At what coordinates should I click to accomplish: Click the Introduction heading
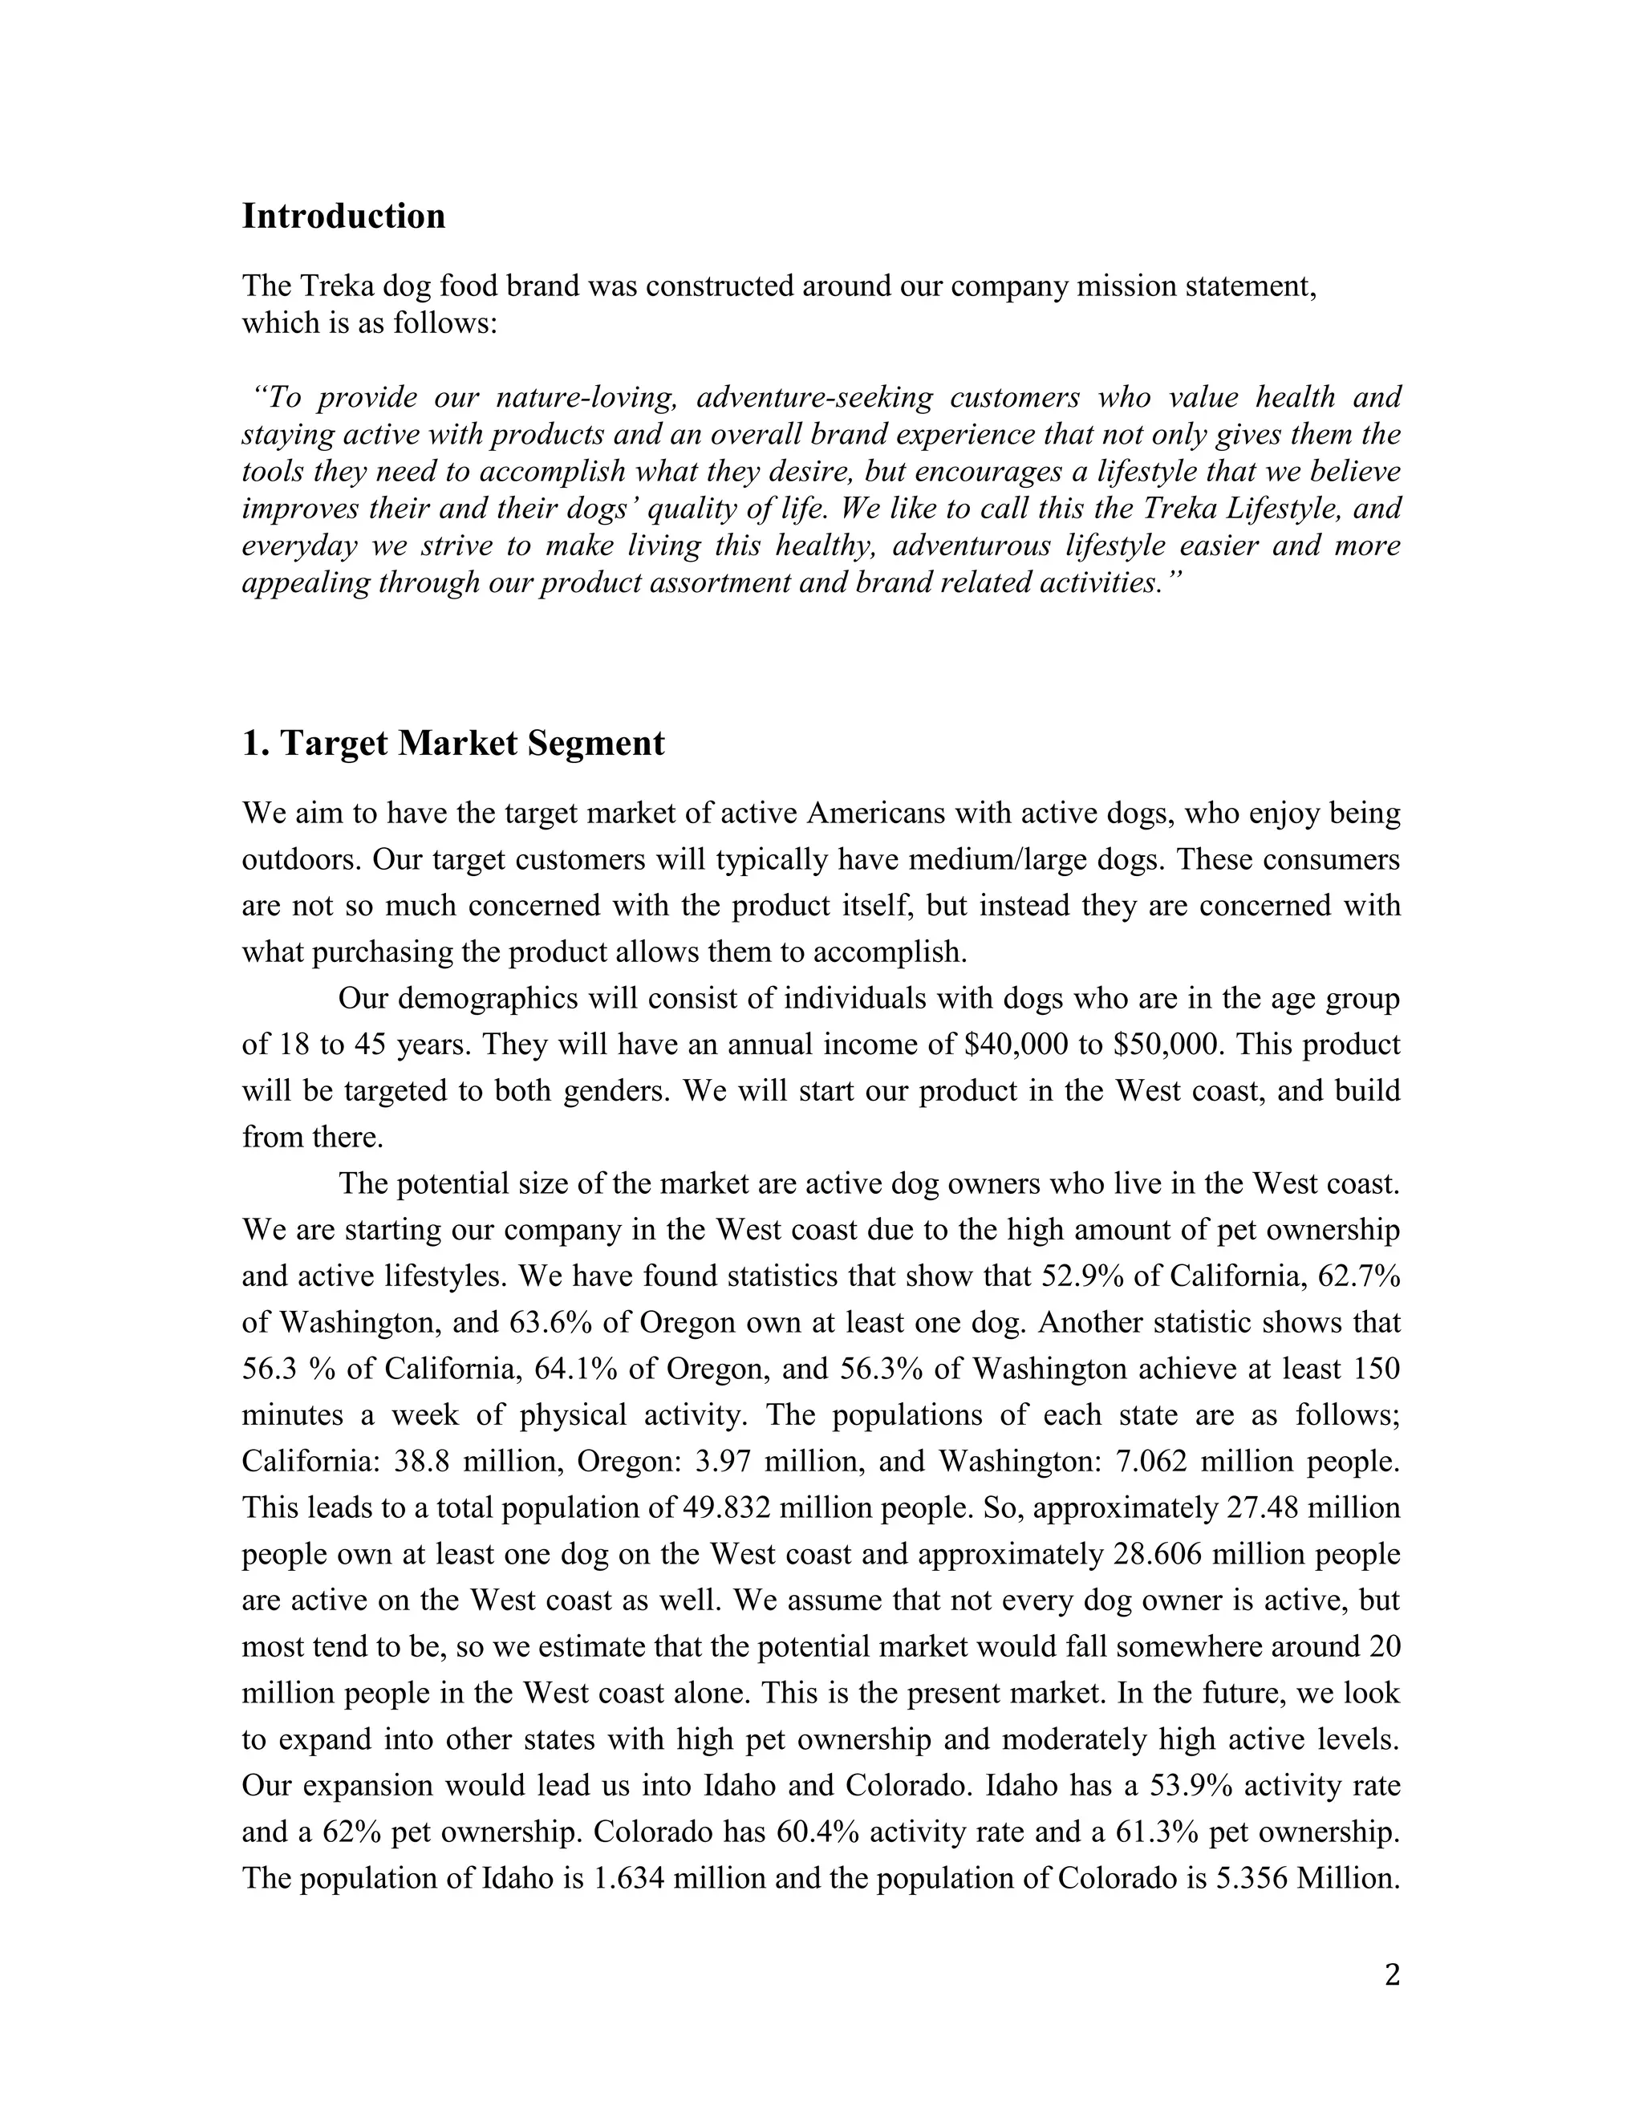point(343,216)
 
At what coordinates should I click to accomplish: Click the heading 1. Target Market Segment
point(452,743)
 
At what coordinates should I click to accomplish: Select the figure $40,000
point(1012,1045)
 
